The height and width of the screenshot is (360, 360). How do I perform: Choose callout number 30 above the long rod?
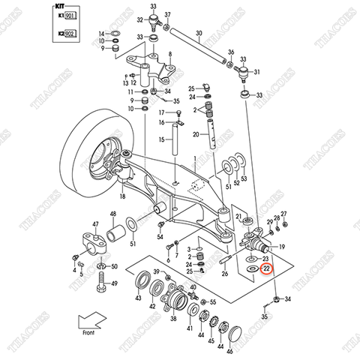tap(199, 33)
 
